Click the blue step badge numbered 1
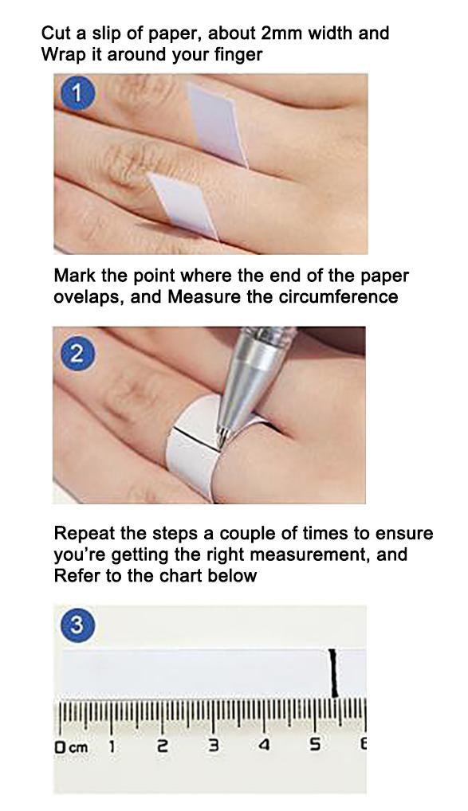click(77, 94)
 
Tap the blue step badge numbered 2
click(77, 353)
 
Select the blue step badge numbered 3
click(77, 625)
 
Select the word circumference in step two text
click(342, 297)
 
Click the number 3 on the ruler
click(214, 746)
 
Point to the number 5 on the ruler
click(315, 746)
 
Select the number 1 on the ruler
click(112, 746)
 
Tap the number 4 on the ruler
click(264, 746)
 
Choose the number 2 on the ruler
click(163, 746)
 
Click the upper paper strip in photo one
click(217, 123)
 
